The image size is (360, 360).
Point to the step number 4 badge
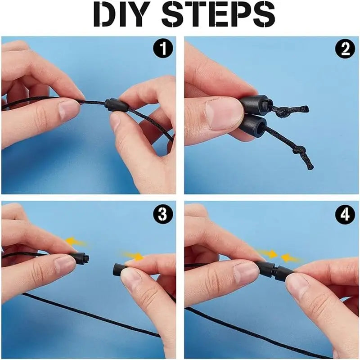click(x=345, y=215)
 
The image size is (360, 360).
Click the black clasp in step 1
click(x=117, y=105)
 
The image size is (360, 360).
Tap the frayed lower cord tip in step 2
click(x=310, y=167)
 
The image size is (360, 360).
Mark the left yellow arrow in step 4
click(x=268, y=254)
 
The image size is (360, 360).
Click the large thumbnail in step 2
click(x=224, y=113)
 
